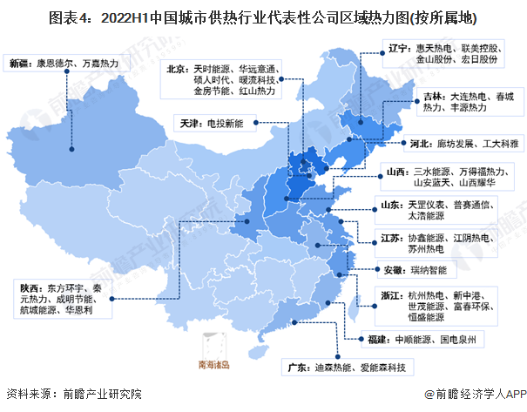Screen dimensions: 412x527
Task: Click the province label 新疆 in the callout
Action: (19, 64)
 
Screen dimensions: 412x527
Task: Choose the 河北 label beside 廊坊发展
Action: (421, 143)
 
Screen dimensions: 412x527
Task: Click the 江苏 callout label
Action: (390, 237)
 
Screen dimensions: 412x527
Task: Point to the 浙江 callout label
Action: (388, 295)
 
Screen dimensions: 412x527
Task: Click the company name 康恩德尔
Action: (55, 64)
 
